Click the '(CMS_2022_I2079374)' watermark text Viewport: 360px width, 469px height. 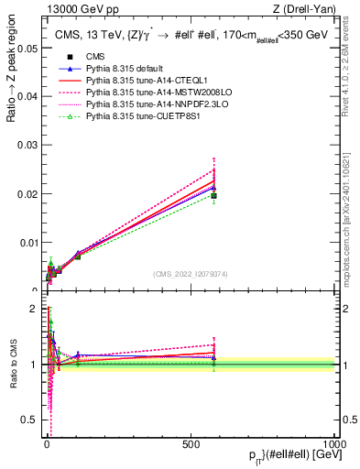point(190,273)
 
